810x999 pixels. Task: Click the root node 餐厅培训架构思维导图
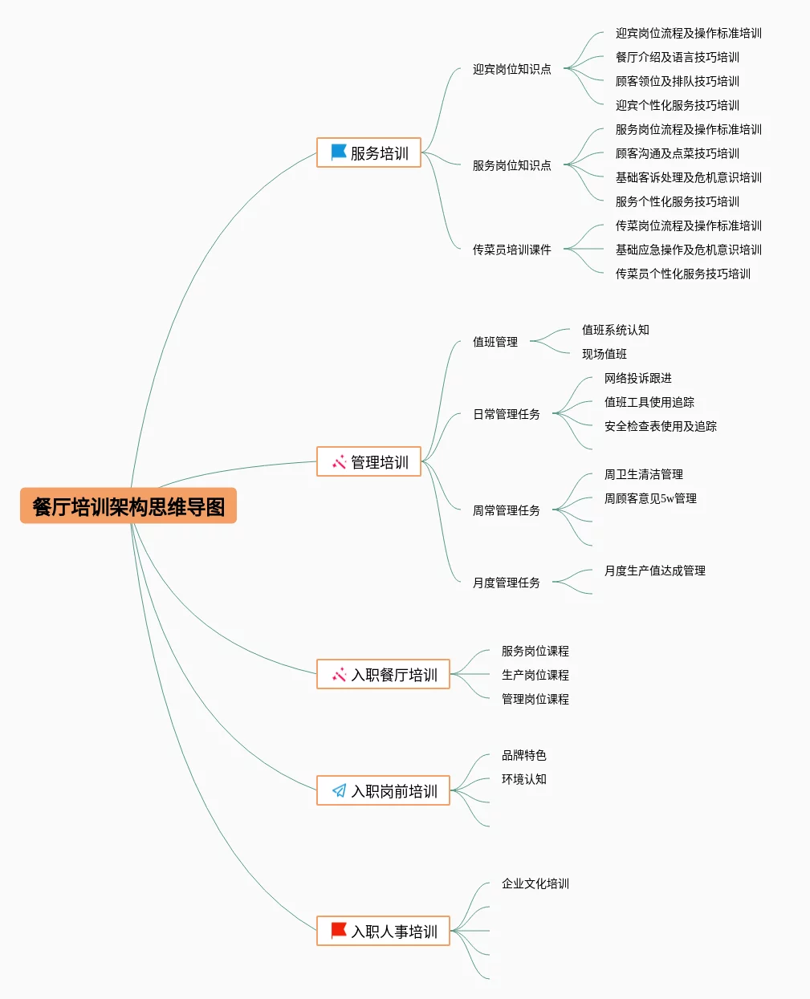point(128,506)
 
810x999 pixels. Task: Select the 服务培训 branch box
point(369,152)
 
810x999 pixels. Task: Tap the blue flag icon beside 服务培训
point(339,152)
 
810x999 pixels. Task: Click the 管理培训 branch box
point(369,461)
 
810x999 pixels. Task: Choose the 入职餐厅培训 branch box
point(384,674)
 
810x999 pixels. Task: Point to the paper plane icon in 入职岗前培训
point(340,790)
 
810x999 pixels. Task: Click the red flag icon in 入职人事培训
point(339,931)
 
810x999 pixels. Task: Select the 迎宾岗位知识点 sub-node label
point(511,69)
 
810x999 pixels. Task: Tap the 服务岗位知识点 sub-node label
point(511,165)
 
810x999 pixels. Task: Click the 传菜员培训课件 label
point(511,250)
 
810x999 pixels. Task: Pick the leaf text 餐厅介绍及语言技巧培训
point(677,57)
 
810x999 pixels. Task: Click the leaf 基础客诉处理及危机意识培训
point(688,177)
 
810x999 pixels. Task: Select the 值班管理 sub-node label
point(495,342)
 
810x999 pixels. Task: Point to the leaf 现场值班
point(604,354)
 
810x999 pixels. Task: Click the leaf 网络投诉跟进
point(637,378)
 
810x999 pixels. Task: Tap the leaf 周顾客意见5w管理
point(649,498)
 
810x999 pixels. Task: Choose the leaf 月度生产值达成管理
point(654,571)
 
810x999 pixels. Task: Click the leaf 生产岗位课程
point(535,675)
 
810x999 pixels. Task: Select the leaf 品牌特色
point(523,755)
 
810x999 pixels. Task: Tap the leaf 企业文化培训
point(535,883)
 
